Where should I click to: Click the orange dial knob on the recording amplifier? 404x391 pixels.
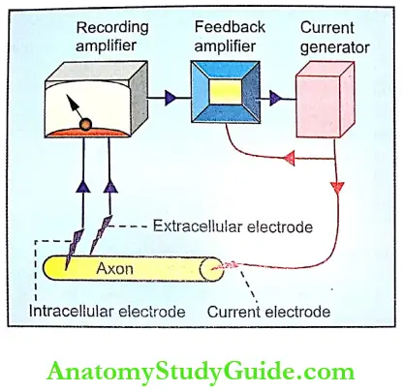[86, 124]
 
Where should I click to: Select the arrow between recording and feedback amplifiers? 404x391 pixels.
[170, 98]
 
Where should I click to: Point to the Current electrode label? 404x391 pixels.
[268, 313]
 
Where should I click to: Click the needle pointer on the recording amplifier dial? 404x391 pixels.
[77, 112]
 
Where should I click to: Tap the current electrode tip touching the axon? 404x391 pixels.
[233, 263]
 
